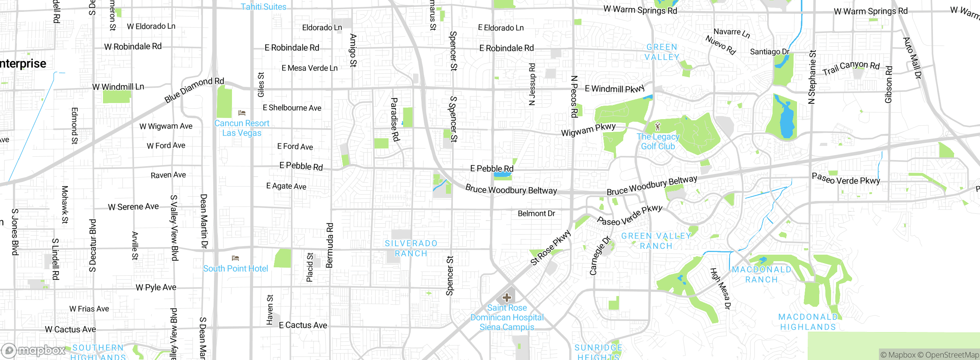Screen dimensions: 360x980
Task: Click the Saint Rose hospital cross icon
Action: [x=507, y=298]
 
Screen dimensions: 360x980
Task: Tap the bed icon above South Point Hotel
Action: [x=235, y=258]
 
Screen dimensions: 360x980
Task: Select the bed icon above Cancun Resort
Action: [x=242, y=113]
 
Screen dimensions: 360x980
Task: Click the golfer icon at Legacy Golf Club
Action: [x=658, y=126]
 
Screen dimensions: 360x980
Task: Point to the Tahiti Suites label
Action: [x=263, y=7]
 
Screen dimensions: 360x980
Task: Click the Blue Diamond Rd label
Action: [x=194, y=90]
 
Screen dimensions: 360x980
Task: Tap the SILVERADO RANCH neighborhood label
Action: [x=411, y=248]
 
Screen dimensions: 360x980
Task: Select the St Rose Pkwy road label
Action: [x=550, y=247]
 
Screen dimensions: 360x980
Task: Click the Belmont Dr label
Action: [x=536, y=213]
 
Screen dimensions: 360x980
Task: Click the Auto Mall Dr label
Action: [x=912, y=58]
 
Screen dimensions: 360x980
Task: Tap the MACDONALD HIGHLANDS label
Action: [x=808, y=322]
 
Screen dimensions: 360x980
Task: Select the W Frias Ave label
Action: [x=89, y=309]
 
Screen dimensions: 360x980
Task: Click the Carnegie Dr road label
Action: [x=599, y=256]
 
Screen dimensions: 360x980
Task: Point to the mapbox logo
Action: [x=34, y=350]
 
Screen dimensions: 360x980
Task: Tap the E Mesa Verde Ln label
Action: [x=309, y=68]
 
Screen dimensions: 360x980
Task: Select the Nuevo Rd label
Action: [x=720, y=45]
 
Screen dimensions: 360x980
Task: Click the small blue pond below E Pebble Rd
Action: [x=503, y=175]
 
